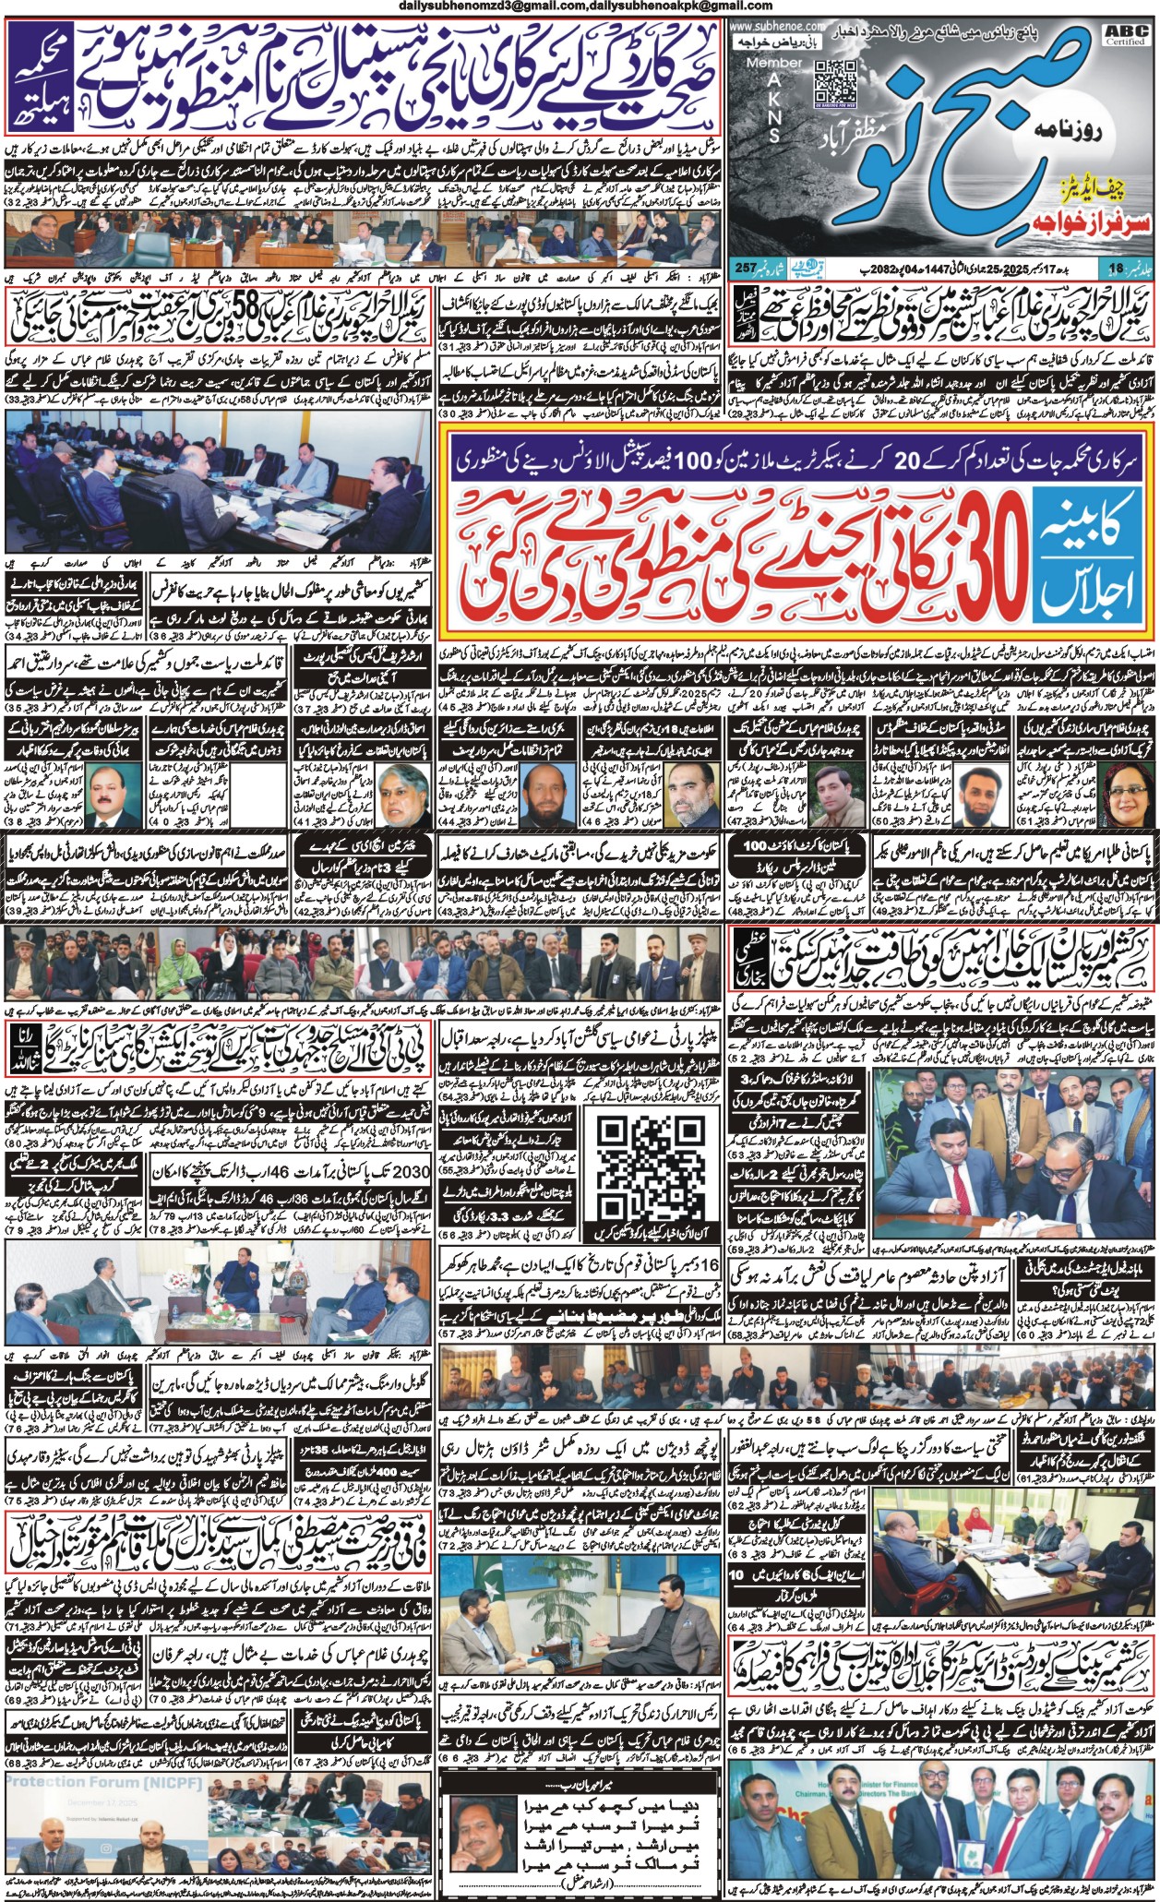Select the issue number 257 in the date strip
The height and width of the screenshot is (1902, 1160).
[745, 269]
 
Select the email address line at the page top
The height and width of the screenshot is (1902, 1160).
[579, 7]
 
